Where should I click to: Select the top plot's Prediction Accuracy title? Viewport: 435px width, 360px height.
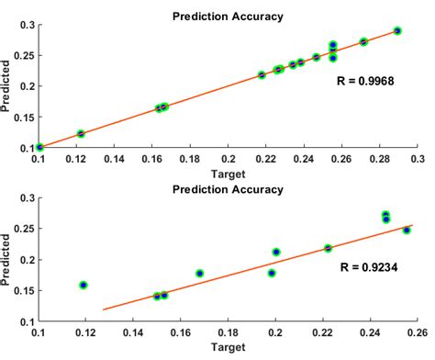(x=227, y=15)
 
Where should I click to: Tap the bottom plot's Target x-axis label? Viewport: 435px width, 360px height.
(x=227, y=349)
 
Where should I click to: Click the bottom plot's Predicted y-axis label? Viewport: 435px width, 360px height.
(x=7, y=260)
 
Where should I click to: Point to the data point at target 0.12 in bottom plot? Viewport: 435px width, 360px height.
(x=84, y=285)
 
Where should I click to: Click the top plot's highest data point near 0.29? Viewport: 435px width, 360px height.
(x=397, y=30)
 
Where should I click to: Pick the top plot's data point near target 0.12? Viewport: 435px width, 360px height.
(x=81, y=134)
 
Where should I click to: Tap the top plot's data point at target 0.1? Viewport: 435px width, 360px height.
(x=39, y=147)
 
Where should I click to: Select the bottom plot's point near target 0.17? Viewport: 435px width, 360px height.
(x=200, y=274)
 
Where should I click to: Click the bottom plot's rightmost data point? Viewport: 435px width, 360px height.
(x=407, y=231)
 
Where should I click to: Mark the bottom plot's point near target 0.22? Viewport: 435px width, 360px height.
(x=328, y=248)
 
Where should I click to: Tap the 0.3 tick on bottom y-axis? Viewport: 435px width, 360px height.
(x=27, y=197)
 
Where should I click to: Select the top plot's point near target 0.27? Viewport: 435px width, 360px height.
(x=363, y=42)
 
